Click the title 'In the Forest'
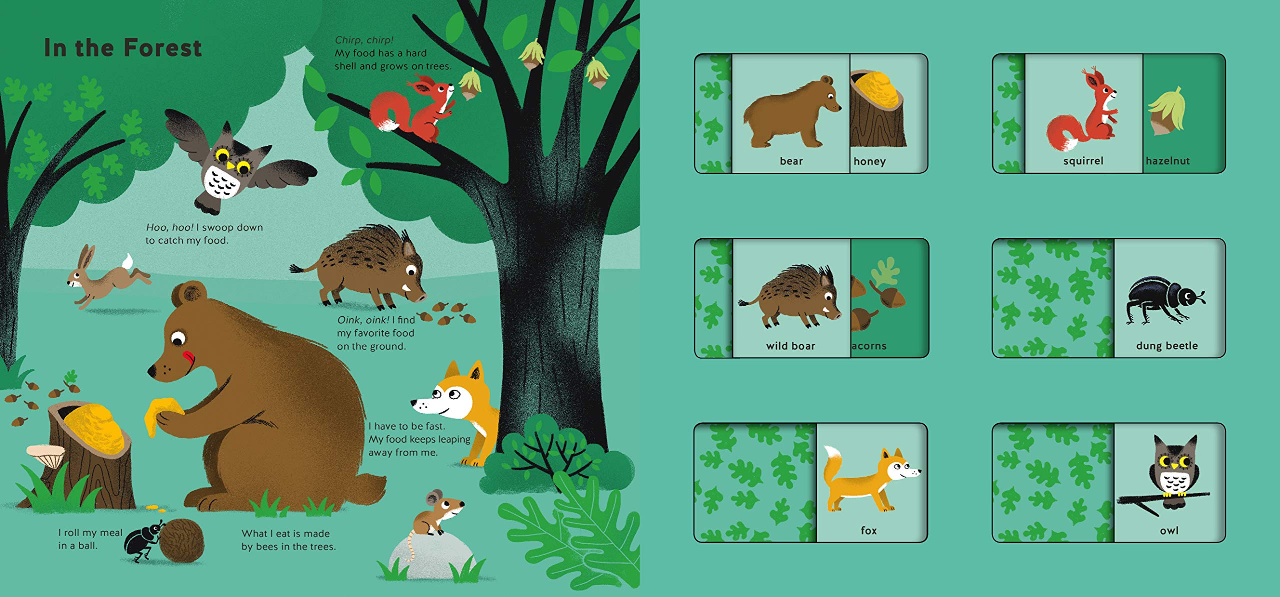point(123,48)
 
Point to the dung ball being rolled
point(182,540)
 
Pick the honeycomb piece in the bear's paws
point(163,413)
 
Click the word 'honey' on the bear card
point(869,161)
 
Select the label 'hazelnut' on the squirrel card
point(1167,161)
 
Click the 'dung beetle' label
point(1167,346)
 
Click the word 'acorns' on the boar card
point(869,346)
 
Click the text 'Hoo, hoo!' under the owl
point(169,227)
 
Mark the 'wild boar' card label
point(790,346)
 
